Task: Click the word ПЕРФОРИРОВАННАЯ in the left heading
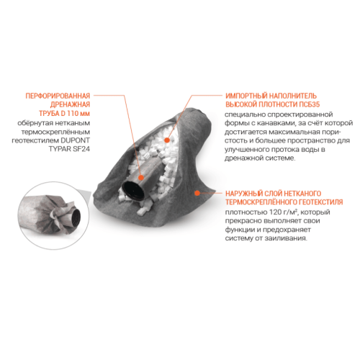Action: (x=58, y=96)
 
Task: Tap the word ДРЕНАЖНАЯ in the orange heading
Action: (x=70, y=104)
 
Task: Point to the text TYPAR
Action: (x=60, y=149)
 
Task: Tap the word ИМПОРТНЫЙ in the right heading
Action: (x=246, y=96)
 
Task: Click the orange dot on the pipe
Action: (x=141, y=178)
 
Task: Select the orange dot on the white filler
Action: (x=167, y=140)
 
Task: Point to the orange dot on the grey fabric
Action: (x=197, y=193)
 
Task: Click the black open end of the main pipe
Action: (x=133, y=190)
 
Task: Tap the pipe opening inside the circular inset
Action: (x=77, y=217)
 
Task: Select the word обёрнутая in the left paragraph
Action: (x=35, y=123)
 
